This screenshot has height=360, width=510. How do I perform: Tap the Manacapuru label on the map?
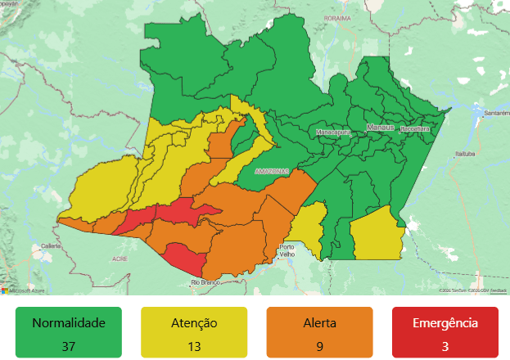pyautogui.click(x=333, y=131)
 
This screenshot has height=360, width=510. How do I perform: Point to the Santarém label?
pyautogui.click(x=497, y=112)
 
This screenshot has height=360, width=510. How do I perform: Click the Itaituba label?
pyautogui.click(x=466, y=153)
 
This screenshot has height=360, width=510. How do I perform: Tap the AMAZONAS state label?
pyautogui.click(x=271, y=171)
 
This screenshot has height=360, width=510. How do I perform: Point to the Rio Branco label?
pyautogui.click(x=207, y=282)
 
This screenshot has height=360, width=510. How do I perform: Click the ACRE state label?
pyautogui.click(x=120, y=259)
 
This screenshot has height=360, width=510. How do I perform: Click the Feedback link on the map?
pyautogui.click(x=498, y=290)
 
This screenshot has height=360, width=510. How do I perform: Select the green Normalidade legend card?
pyautogui.click(x=69, y=332)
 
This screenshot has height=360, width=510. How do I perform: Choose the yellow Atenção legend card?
pyautogui.click(x=194, y=332)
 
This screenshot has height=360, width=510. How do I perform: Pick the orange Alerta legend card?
pyautogui.click(x=319, y=332)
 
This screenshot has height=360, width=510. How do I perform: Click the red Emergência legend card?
pyautogui.click(x=445, y=332)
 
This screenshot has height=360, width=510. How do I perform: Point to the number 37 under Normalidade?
pyautogui.click(x=69, y=346)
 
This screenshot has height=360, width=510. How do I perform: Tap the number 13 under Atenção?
pyautogui.click(x=194, y=346)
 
